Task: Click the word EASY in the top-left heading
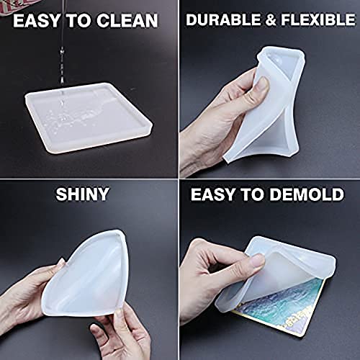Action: pos(38,19)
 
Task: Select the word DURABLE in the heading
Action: pos(222,20)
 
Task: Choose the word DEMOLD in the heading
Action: pos(306,194)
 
